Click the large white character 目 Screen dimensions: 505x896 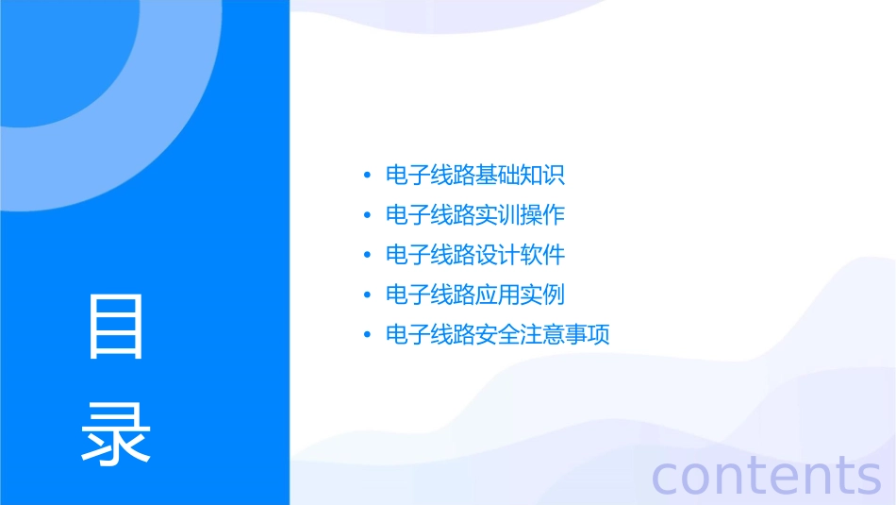(x=116, y=327)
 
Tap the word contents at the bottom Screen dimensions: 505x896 (x=767, y=475)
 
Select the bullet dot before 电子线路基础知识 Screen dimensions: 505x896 (x=367, y=176)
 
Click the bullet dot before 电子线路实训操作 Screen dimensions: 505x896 (x=367, y=215)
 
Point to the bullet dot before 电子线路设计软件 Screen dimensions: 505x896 (x=367, y=256)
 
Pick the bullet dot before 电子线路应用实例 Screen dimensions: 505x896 (x=367, y=295)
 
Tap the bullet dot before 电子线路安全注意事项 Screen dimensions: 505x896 (x=367, y=335)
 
